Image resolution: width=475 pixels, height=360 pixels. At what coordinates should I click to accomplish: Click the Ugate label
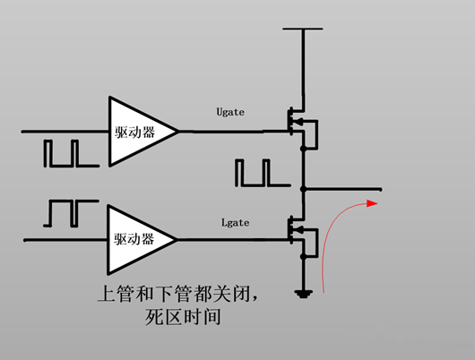tap(230, 112)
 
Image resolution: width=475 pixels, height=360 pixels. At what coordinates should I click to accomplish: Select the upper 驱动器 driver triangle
tap(137, 131)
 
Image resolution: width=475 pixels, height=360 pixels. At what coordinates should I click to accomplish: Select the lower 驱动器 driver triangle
tap(137, 239)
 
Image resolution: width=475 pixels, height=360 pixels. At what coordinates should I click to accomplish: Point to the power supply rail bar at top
tap(305, 29)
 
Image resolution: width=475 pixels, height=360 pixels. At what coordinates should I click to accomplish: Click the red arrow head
tap(373, 204)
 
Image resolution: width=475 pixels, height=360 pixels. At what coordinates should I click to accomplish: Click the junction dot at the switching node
tap(305, 189)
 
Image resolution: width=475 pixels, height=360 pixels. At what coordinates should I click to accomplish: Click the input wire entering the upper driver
tap(63, 131)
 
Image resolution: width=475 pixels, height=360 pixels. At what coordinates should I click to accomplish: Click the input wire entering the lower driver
tap(63, 239)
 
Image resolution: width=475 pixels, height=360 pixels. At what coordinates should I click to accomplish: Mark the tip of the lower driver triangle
tap(178, 239)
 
